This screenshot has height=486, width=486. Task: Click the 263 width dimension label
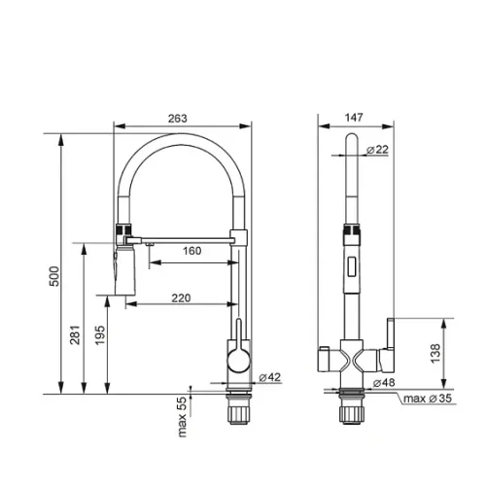(x=178, y=119)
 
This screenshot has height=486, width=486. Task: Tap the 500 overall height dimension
(x=54, y=276)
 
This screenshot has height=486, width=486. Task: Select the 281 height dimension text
(x=75, y=334)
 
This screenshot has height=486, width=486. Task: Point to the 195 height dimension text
(x=100, y=335)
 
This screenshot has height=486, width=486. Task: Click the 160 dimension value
(x=191, y=251)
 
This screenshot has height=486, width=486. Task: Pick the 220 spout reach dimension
(x=181, y=298)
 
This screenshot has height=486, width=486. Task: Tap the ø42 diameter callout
(x=270, y=377)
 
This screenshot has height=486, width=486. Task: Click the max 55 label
(x=182, y=417)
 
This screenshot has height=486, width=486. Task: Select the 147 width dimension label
(x=354, y=118)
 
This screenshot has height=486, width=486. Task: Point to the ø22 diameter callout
(x=377, y=150)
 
